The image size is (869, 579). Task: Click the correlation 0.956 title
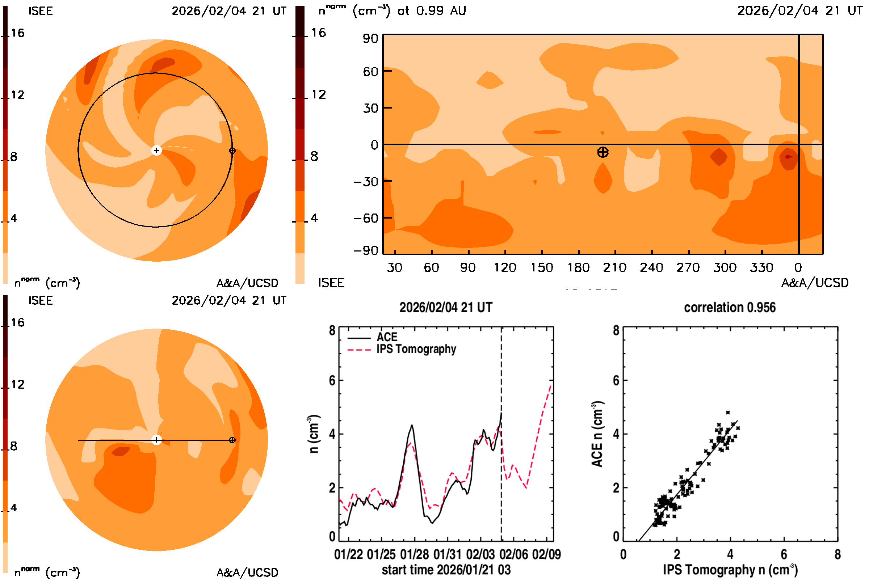tap(729, 308)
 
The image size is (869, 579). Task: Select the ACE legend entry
tap(387, 337)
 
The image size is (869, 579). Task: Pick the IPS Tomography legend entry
tap(416, 349)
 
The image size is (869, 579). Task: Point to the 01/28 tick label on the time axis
tap(414, 555)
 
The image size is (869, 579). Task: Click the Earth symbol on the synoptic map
tap(603, 152)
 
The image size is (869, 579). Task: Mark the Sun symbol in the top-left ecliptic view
tap(156, 151)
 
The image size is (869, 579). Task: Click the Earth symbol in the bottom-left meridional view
tap(232, 440)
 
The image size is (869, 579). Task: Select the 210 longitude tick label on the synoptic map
tap(614, 267)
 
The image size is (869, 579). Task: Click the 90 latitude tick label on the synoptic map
tap(370, 38)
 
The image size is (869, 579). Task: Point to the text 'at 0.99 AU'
tap(432, 11)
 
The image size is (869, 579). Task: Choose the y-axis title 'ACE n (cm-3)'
tap(597, 434)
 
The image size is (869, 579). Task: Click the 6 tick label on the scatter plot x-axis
tap(784, 555)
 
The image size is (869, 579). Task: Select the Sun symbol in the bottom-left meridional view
tap(156, 440)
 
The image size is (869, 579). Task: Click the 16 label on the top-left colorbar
tap(17, 33)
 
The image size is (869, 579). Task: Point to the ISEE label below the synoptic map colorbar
tap(331, 283)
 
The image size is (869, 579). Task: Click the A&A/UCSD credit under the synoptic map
tap(815, 283)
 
